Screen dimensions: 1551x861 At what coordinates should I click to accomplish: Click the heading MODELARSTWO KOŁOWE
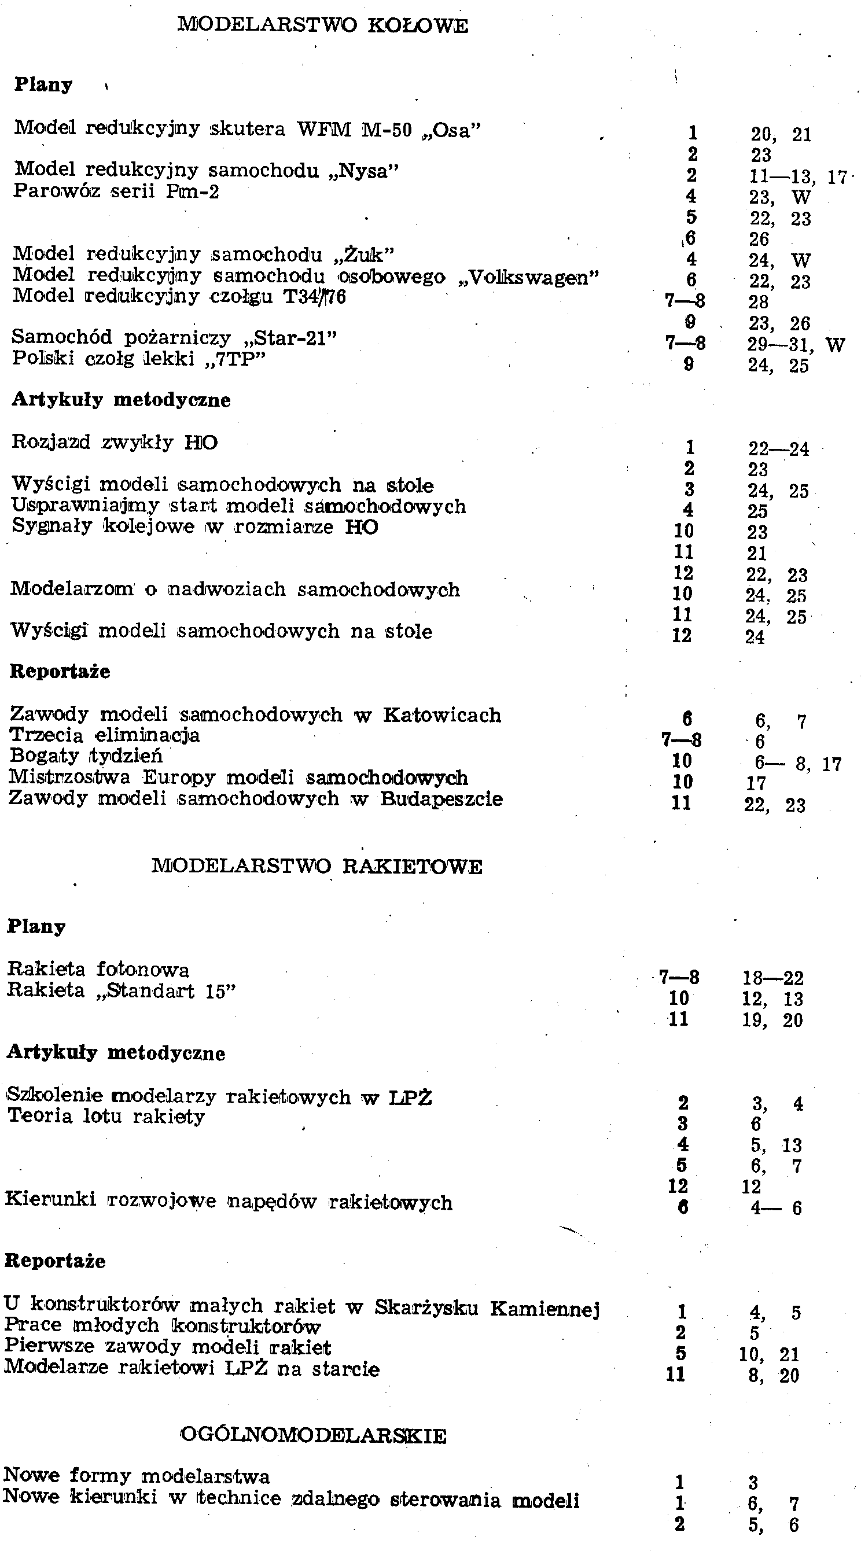[323, 25]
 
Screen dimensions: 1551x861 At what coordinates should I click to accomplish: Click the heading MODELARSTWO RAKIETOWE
[317, 867]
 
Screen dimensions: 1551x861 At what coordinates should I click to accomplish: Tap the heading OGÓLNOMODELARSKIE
[313, 1436]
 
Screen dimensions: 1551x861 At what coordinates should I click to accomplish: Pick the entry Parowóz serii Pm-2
[116, 191]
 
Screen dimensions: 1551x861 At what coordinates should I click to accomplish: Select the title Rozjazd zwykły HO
[115, 443]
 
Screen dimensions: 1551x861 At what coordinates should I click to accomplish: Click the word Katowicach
[442, 714]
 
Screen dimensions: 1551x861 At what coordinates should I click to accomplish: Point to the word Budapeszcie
[441, 799]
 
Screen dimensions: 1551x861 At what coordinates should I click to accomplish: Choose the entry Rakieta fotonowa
[98, 969]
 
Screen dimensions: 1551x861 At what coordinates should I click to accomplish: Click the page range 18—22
[773, 978]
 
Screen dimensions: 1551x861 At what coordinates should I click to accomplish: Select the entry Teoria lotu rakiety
[106, 1116]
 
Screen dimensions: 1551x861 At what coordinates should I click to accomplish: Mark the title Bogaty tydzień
[86, 756]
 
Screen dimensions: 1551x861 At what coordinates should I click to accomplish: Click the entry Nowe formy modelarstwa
[136, 1476]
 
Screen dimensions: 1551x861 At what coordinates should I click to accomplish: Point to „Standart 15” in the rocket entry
[165, 990]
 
